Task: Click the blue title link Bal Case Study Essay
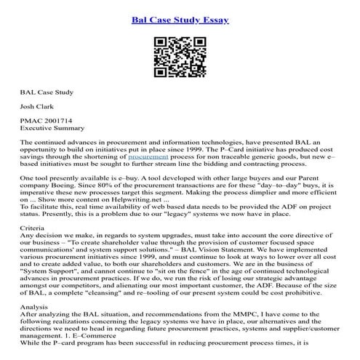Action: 180,18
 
